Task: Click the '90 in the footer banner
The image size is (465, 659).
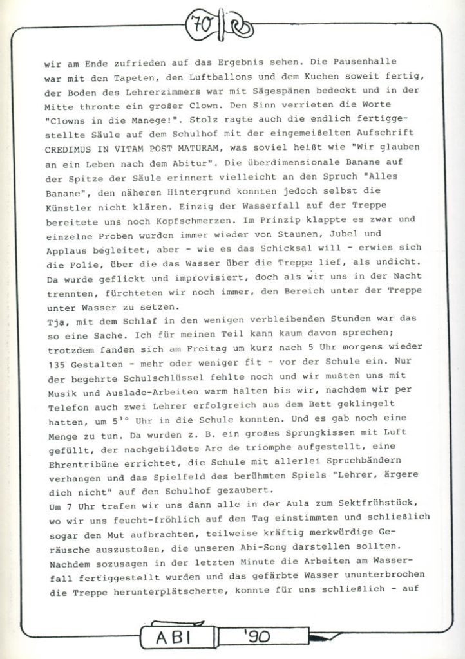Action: point(258,639)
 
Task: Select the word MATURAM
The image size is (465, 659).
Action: point(209,147)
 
